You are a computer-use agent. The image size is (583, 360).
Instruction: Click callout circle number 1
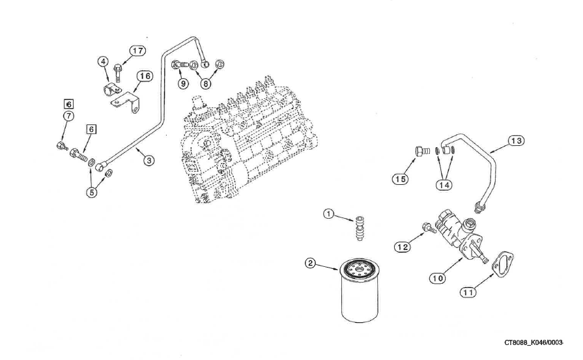[329, 214]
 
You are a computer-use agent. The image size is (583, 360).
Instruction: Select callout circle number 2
[311, 264]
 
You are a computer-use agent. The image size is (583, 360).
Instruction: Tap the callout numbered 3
[149, 159]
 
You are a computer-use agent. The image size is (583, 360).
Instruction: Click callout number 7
[68, 116]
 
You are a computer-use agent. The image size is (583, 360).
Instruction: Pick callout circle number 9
[183, 83]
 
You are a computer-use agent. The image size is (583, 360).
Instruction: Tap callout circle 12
[401, 246]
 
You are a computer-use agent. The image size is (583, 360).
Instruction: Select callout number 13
[516, 141]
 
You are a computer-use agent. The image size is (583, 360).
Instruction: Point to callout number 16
[145, 76]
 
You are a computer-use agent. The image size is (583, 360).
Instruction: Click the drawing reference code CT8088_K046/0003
[536, 342]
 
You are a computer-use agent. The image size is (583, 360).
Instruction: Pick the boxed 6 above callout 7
[68, 104]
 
